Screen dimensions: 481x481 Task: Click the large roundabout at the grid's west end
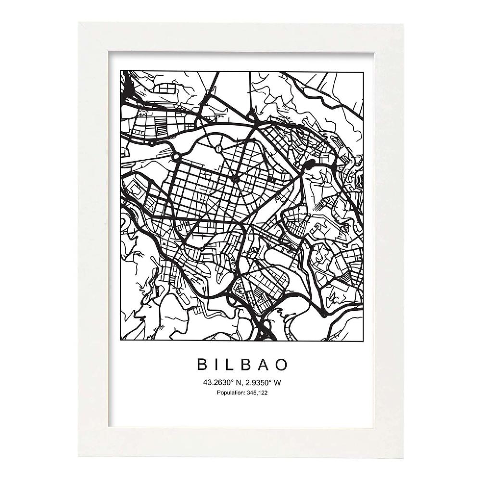[x=176, y=157]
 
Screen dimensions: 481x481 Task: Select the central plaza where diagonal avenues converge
[x=235, y=179]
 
